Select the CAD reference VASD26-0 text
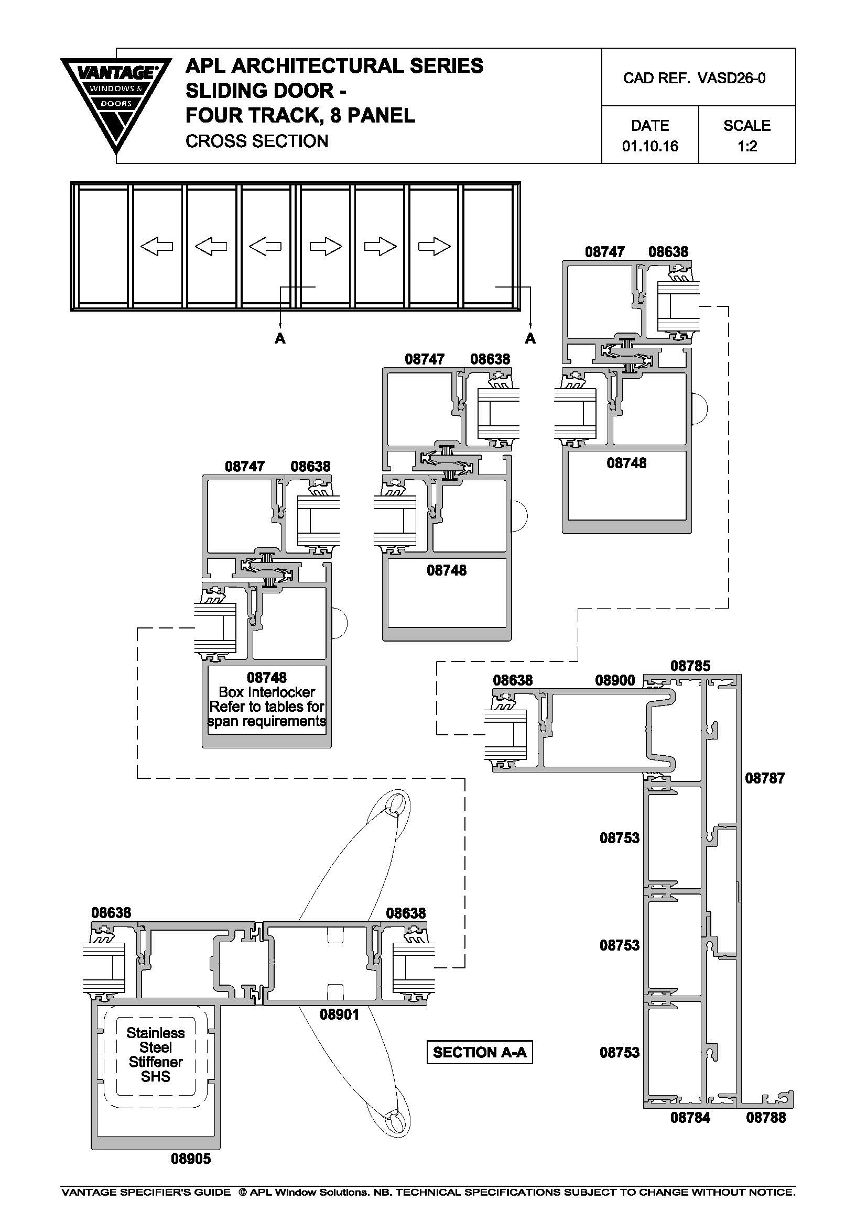[x=694, y=79]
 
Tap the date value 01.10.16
[x=649, y=146]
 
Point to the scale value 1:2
[x=747, y=146]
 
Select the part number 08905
[x=191, y=1158]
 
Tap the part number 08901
[x=340, y=1014]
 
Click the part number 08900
[x=615, y=680]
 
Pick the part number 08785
[x=690, y=666]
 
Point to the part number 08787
[x=764, y=778]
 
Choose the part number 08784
[x=690, y=1117]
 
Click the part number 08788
[x=765, y=1117]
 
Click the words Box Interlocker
[x=266, y=692]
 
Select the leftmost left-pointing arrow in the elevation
[x=156, y=247]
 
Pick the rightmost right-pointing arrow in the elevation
[x=434, y=247]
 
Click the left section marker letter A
[x=280, y=338]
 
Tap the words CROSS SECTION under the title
[x=256, y=141]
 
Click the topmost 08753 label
[x=619, y=838]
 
